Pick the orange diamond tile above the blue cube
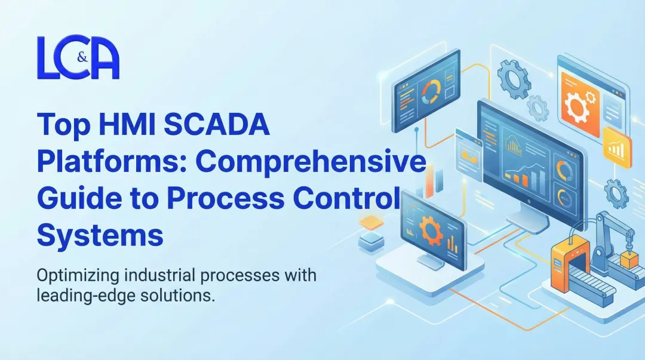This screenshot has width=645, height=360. click(371, 223)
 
